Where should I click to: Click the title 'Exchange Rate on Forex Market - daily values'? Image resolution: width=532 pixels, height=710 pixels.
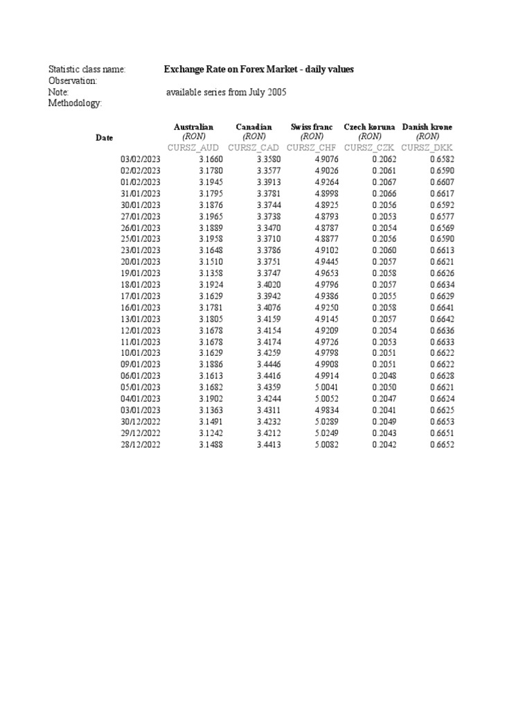tap(258, 69)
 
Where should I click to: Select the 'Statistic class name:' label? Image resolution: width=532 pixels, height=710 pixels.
tap(87, 70)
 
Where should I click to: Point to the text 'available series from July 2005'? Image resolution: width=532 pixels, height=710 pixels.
tap(226, 92)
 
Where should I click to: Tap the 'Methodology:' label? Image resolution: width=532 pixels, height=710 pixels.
tap(75, 103)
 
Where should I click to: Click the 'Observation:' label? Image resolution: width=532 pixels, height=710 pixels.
tap(73, 81)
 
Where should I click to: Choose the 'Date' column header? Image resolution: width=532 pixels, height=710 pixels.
tap(104, 138)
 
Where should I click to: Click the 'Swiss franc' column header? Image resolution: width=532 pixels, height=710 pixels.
tap(312, 128)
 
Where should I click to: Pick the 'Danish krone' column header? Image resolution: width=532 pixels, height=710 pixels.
tap(427, 128)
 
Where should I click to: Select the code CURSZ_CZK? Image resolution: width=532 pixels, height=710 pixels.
tap(370, 148)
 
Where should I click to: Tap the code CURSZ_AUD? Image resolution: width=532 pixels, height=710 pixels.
tap(193, 148)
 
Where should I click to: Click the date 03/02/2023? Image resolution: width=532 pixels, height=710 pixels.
tap(141, 159)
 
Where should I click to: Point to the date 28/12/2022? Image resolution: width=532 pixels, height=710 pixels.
tap(141, 444)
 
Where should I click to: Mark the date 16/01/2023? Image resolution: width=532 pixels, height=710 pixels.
tap(141, 307)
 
